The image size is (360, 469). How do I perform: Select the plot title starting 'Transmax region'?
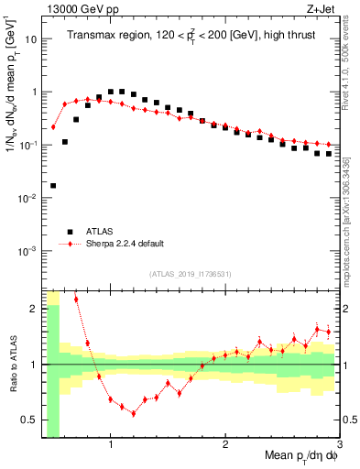click(190, 36)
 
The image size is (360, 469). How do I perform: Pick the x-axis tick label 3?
click(339, 444)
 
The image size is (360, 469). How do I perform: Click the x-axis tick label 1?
click(111, 444)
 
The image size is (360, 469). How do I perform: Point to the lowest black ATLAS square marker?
click(53, 185)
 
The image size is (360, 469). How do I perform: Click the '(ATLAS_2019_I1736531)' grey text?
click(190, 274)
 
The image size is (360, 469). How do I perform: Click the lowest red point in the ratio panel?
click(134, 413)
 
